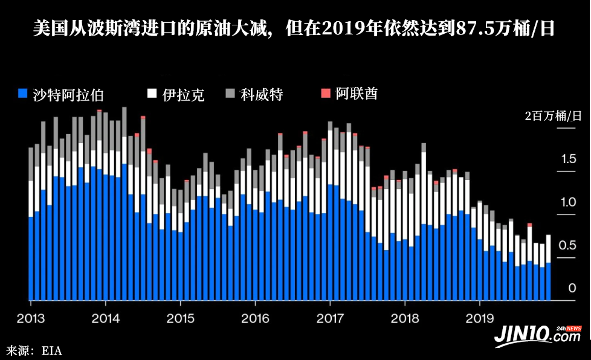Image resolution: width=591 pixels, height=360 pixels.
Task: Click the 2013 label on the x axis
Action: pyautogui.click(x=30, y=318)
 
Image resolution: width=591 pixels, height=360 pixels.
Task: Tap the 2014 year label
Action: pyautogui.click(x=105, y=318)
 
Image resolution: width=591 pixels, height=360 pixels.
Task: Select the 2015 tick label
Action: pyautogui.click(x=180, y=318)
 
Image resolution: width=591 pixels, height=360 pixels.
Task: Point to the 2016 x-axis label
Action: pyautogui.click(x=255, y=318)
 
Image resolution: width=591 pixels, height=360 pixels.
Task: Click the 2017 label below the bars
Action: pyautogui.click(x=330, y=318)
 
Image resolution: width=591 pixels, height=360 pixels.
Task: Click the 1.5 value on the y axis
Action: pyautogui.click(x=570, y=159)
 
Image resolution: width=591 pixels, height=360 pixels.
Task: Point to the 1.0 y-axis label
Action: pyautogui.click(x=570, y=202)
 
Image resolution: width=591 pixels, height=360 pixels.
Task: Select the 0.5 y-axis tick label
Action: pyautogui.click(x=570, y=246)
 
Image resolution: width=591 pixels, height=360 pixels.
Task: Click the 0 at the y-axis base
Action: pyautogui.click(x=572, y=289)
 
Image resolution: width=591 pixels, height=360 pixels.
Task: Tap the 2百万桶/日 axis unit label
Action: pyautogui.click(x=553, y=116)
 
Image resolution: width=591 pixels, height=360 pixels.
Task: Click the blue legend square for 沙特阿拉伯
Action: pyautogui.click(x=23, y=94)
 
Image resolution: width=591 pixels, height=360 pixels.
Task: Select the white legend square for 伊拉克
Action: pyautogui.click(x=152, y=94)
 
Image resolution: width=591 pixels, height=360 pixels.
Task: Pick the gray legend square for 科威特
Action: pyautogui.click(x=230, y=94)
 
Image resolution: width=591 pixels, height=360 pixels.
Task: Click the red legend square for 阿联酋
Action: pyautogui.click(x=326, y=93)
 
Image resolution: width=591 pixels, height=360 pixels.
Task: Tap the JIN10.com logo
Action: pyautogui.click(x=538, y=334)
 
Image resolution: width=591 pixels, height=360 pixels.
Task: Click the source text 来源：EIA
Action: pyautogui.click(x=34, y=350)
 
